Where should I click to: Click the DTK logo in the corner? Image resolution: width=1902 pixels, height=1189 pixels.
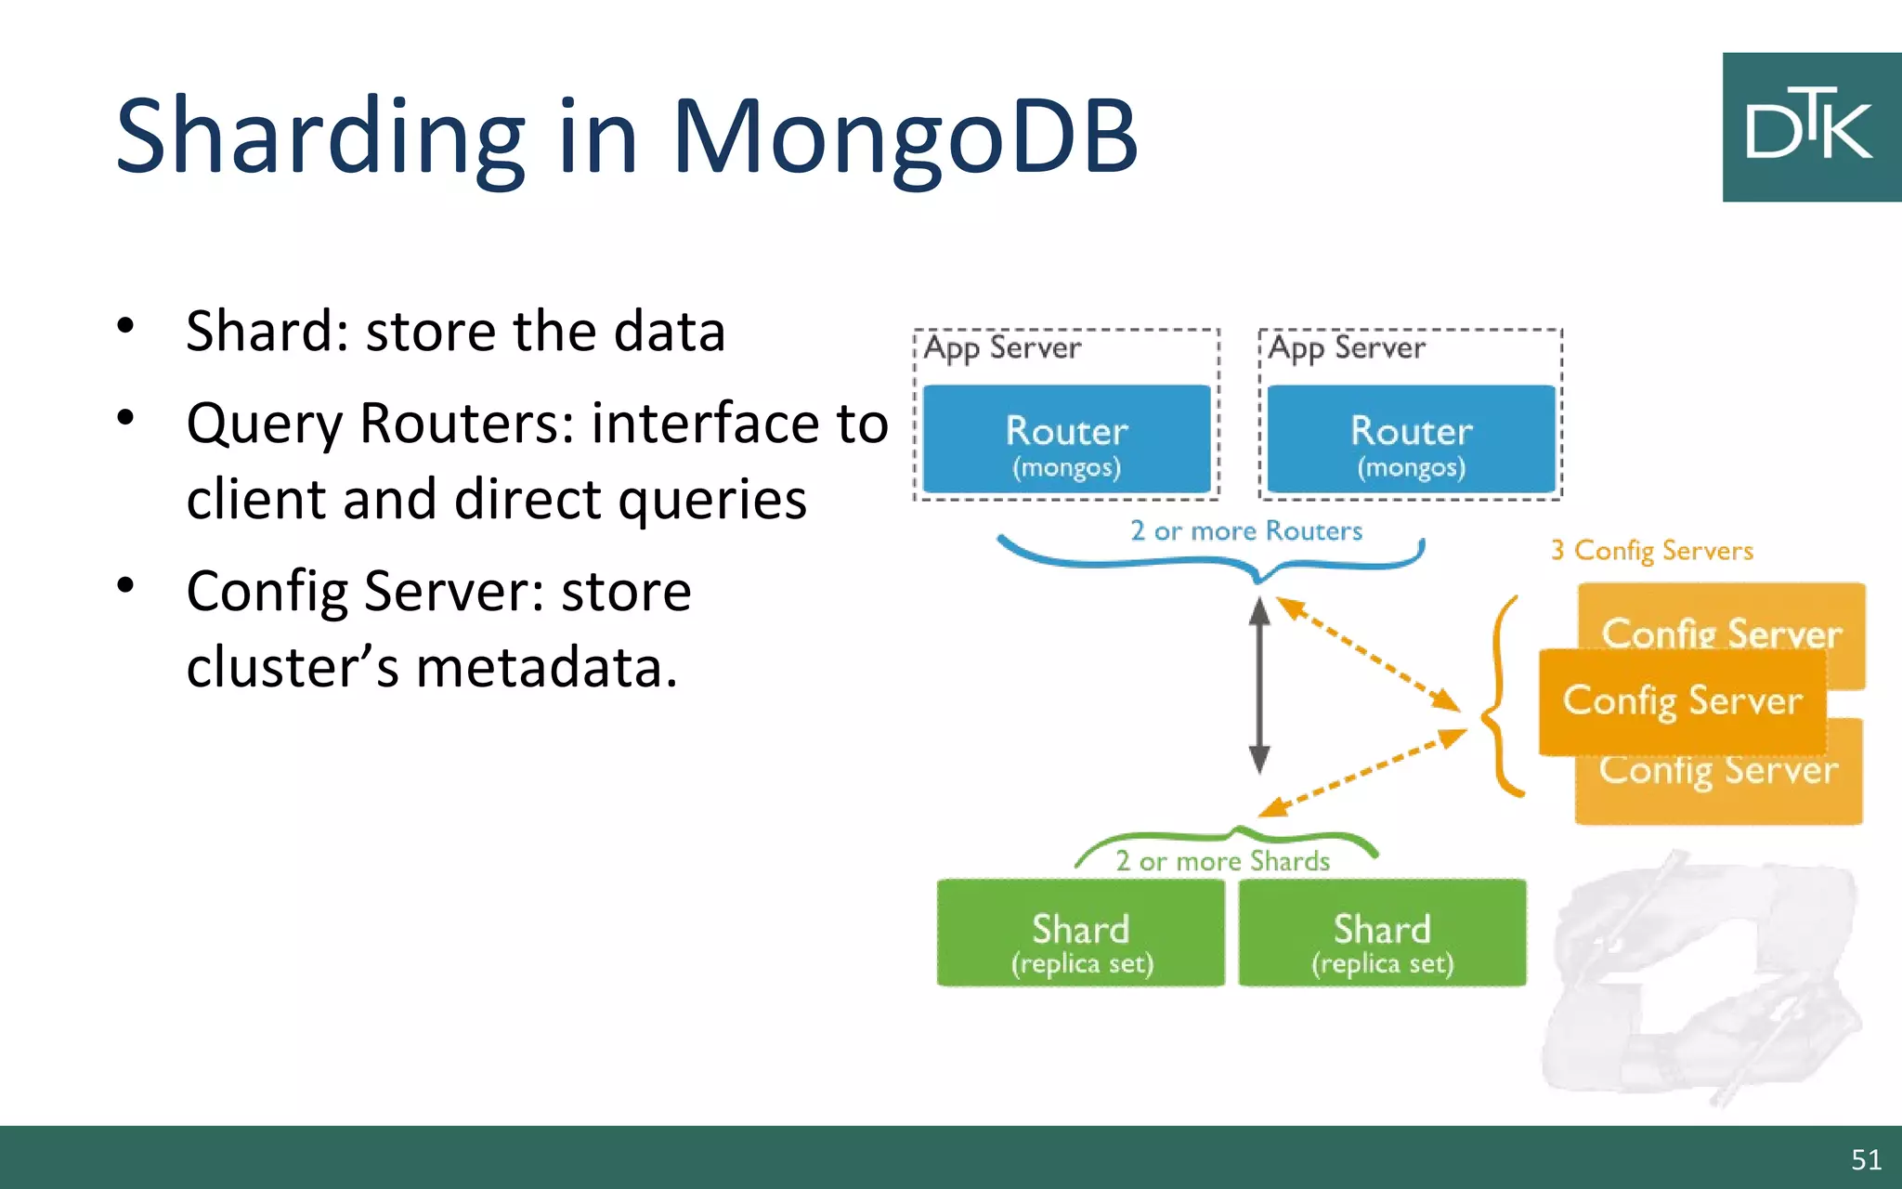click(x=1810, y=127)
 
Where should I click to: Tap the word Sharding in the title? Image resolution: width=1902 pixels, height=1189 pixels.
click(x=320, y=137)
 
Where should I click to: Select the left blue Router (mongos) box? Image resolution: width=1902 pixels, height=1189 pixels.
click(x=1066, y=439)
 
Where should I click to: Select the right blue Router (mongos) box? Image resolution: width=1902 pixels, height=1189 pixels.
click(x=1411, y=439)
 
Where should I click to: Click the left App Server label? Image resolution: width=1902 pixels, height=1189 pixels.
click(x=1003, y=348)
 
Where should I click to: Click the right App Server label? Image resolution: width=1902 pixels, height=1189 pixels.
click(x=1347, y=348)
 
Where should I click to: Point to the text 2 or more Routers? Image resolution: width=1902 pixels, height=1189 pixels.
click(x=1245, y=530)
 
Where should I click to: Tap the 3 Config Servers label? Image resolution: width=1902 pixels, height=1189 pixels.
click(x=1652, y=551)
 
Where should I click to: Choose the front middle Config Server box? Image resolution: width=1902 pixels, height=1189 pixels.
click(x=1682, y=701)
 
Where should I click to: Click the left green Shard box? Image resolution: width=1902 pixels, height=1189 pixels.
click(x=1081, y=933)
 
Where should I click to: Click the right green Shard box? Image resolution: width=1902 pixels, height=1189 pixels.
click(x=1382, y=933)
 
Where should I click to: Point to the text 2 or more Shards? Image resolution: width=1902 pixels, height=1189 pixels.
click(x=1222, y=861)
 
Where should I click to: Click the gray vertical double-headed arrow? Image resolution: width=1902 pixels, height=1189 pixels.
click(x=1259, y=686)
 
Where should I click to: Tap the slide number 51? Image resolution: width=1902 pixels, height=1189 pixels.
click(x=1866, y=1159)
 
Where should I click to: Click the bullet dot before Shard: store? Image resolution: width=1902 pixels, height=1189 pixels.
click(x=125, y=326)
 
